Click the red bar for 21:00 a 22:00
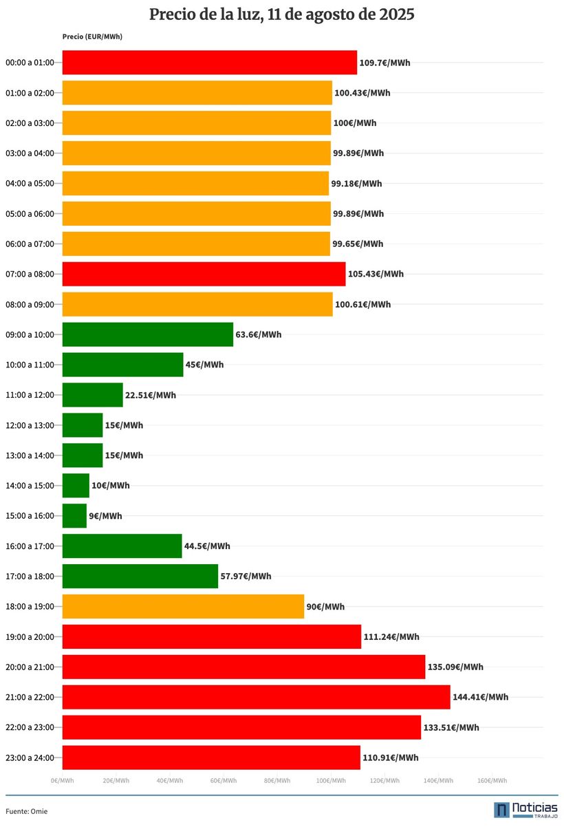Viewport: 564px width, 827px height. (x=256, y=697)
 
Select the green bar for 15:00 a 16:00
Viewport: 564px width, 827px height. (x=74, y=516)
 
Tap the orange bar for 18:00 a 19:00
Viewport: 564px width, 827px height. (x=183, y=607)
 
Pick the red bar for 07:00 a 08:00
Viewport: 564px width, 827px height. (x=204, y=274)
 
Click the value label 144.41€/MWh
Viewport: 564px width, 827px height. (x=480, y=697)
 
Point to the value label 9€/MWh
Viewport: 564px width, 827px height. (x=105, y=516)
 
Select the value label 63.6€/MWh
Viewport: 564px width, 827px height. (x=258, y=335)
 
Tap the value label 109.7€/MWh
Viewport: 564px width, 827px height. (x=384, y=63)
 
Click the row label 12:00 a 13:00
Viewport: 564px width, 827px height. (x=30, y=425)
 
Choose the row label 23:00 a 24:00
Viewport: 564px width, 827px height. (x=30, y=758)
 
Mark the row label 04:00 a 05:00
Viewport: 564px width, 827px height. (x=30, y=184)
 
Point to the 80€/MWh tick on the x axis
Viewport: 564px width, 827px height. (x=277, y=780)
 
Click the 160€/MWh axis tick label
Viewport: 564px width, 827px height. (x=492, y=780)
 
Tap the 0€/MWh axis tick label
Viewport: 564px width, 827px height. (x=62, y=780)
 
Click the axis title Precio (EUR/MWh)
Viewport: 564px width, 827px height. (x=92, y=36)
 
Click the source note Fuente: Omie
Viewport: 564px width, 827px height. (x=27, y=811)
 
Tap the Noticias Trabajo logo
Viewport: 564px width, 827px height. (x=525, y=810)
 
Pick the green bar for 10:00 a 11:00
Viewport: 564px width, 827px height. (x=122, y=365)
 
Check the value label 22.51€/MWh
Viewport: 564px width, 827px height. (x=150, y=395)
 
